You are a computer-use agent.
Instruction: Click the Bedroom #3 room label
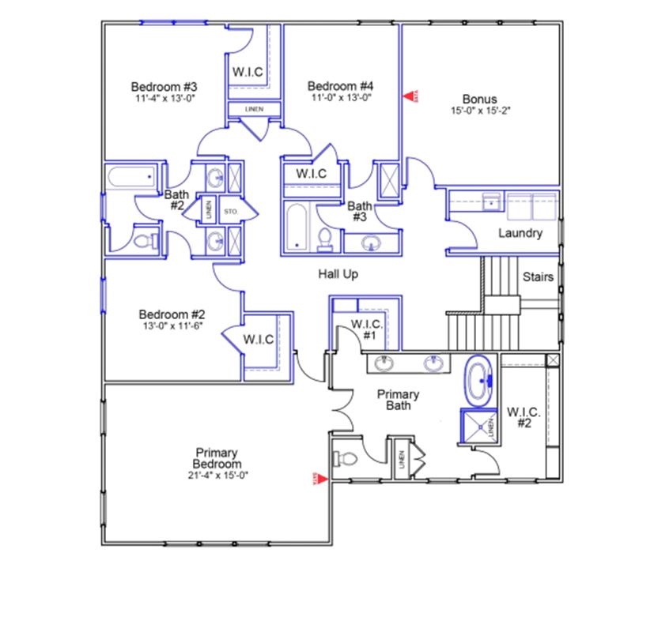(164, 86)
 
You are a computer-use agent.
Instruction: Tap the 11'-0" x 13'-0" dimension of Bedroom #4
(340, 98)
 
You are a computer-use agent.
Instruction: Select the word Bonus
(479, 99)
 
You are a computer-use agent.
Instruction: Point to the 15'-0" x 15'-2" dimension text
(479, 111)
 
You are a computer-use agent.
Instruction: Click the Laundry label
(520, 233)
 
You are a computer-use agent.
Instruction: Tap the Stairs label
(538, 276)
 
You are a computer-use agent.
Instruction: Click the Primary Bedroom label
(217, 458)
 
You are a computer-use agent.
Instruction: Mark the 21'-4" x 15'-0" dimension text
(217, 476)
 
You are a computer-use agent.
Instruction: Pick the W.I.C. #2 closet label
(523, 417)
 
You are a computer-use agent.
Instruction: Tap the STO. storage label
(231, 212)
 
